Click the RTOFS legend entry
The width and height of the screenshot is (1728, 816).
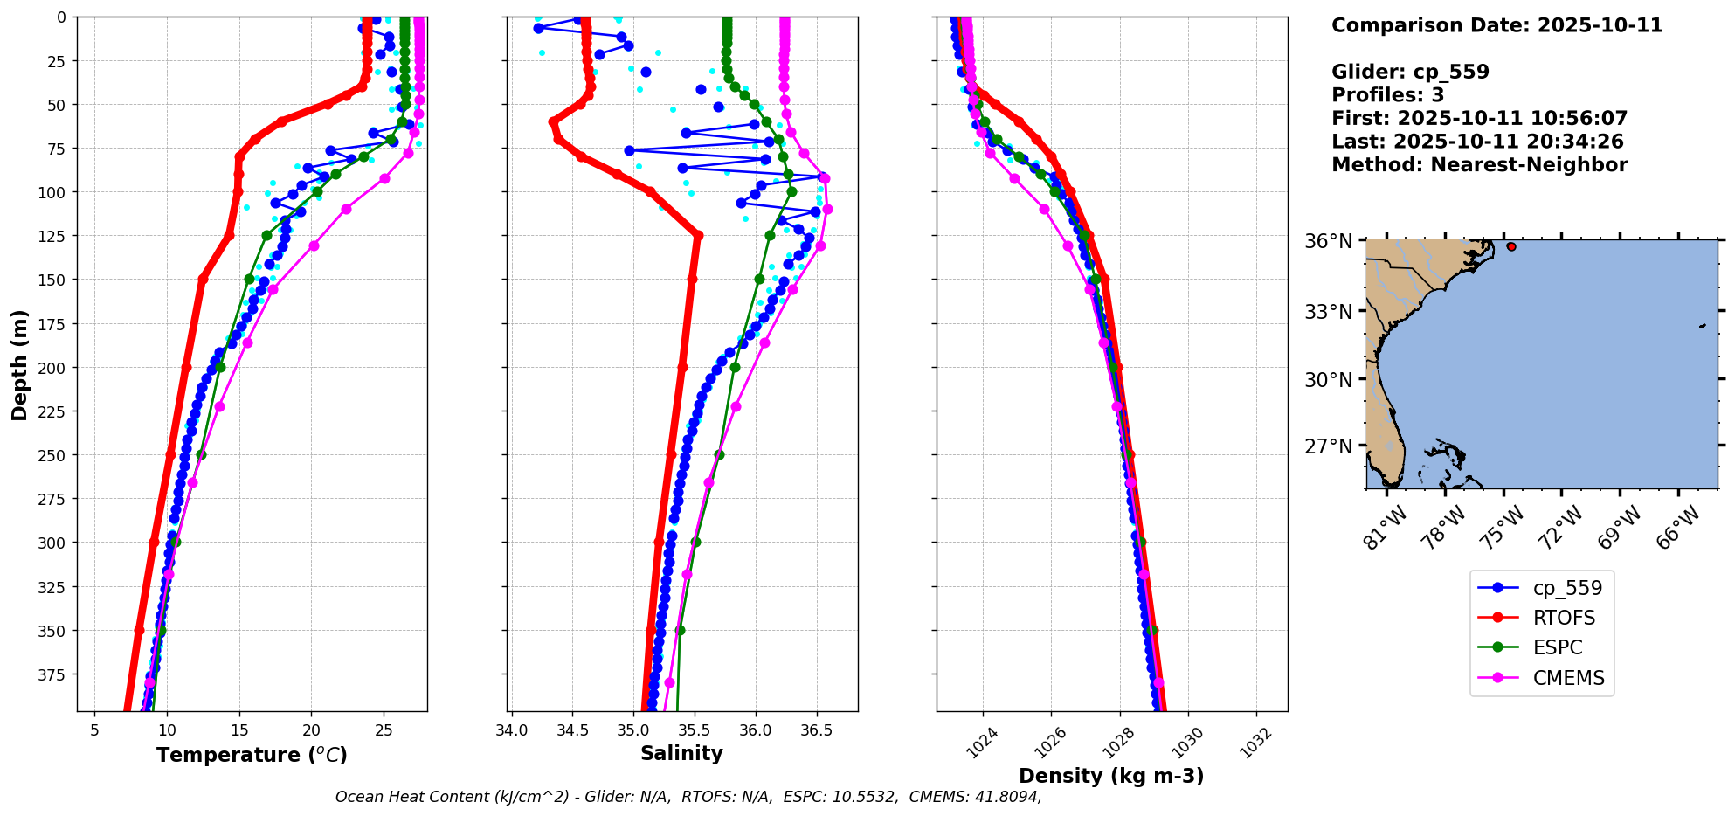pyautogui.click(x=1563, y=619)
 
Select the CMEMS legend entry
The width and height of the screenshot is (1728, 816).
pyautogui.click(x=1568, y=678)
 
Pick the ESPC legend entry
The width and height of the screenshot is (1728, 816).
pyautogui.click(x=1557, y=648)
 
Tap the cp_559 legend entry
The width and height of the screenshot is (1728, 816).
pyautogui.click(x=1567, y=589)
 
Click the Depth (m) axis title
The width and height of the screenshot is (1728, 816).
pyautogui.click(x=19, y=364)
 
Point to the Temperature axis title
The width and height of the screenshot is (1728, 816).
pyautogui.click(x=252, y=755)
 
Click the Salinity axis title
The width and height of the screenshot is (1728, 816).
pyautogui.click(x=681, y=754)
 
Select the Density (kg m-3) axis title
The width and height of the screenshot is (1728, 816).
pyautogui.click(x=1111, y=776)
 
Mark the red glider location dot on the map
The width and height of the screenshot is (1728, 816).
pyautogui.click(x=1511, y=247)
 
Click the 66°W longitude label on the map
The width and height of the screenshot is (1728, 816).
pyautogui.click(x=1678, y=527)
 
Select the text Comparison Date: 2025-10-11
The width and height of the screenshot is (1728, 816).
pyautogui.click(x=1496, y=25)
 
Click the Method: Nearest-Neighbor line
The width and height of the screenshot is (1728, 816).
pyautogui.click(x=1479, y=165)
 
